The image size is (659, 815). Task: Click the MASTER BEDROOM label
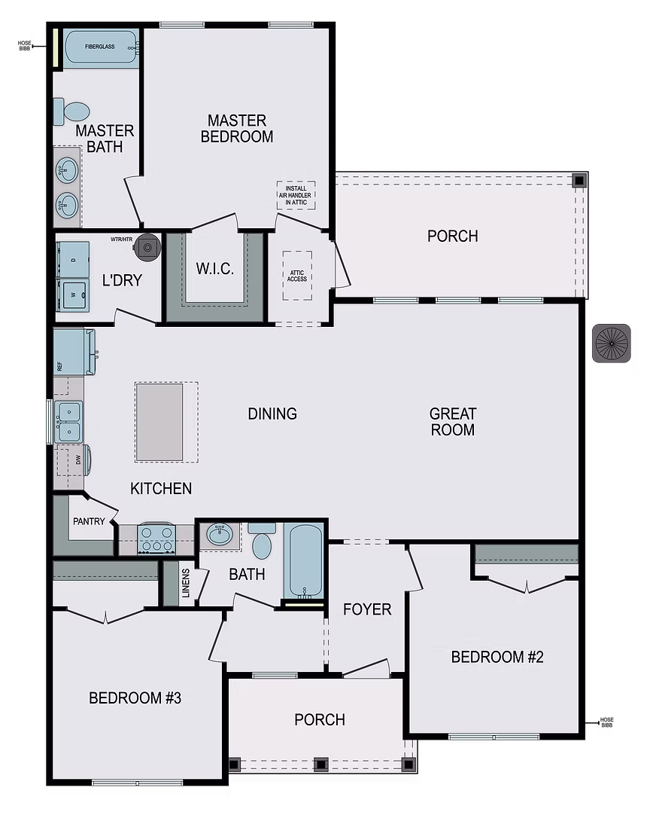tap(237, 129)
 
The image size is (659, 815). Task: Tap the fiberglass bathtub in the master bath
tap(101, 47)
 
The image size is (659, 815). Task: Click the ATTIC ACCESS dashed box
tap(297, 276)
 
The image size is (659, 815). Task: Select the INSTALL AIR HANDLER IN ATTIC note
tap(296, 195)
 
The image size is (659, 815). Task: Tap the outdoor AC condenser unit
tap(611, 343)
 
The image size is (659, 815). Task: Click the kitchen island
tap(159, 422)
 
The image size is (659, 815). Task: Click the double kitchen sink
tap(69, 421)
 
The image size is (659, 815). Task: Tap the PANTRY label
tap(89, 521)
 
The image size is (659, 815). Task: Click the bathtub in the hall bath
tap(303, 560)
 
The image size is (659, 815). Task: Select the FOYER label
tap(367, 609)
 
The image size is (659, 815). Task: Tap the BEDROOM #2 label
tap(497, 657)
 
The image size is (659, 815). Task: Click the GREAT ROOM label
tap(453, 422)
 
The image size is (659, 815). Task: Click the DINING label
tap(272, 414)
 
